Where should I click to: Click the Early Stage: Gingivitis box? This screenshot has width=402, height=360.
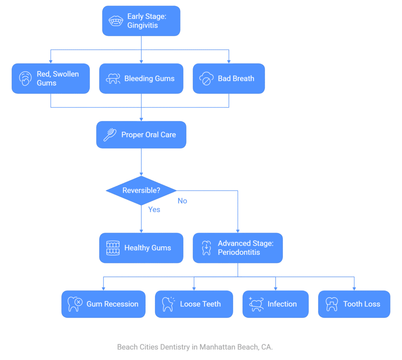click(x=141, y=21)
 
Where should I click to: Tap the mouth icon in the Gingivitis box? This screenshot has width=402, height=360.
click(x=116, y=21)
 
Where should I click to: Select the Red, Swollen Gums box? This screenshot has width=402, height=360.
click(x=51, y=78)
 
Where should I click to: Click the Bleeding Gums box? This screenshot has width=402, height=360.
click(x=141, y=78)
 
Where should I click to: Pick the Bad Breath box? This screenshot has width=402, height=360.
click(x=229, y=78)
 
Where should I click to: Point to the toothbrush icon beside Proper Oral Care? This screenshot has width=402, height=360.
click(x=110, y=135)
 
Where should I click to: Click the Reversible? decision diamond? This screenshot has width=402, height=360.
click(x=141, y=191)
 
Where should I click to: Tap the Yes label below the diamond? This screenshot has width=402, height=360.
click(x=154, y=209)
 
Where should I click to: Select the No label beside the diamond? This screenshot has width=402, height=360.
click(x=182, y=201)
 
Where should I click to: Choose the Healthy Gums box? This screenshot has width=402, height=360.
click(x=141, y=248)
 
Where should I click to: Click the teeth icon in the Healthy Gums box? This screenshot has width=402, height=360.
click(x=113, y=248)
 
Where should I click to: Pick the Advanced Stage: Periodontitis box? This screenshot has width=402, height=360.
click(x=238, y=248)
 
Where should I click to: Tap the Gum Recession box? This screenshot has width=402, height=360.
click(x=103, y=304)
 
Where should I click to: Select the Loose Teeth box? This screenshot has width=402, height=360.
click(x=194, y=304)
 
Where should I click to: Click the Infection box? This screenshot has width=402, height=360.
click(x=275, y=304)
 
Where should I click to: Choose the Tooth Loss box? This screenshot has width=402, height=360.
click(x=354, y=304)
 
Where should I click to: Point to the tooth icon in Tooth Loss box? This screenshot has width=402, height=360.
click(x=332, y=304)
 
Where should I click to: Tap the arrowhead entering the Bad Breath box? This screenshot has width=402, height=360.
click(x=229, y=62)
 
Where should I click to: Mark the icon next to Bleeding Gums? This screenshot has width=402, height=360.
click(x=113, y=78)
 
